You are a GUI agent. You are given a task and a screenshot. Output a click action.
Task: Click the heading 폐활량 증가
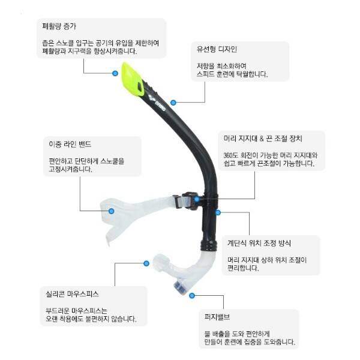tap(59, 27)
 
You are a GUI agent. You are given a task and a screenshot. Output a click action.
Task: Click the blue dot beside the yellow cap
tap(115, 73)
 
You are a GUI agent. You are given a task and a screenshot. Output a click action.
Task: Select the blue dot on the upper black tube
tap(173, 103)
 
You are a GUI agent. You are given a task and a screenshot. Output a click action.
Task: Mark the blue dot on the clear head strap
tap(112, 211)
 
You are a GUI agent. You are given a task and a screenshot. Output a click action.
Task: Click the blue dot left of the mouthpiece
tap(146, 263)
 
